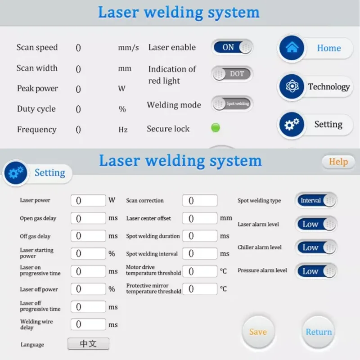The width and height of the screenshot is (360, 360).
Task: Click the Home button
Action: (315, 48)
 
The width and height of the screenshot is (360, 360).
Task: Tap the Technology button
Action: (315, 87)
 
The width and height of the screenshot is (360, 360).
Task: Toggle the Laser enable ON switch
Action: (232, 47)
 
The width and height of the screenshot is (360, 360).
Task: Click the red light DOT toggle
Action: (232, 74)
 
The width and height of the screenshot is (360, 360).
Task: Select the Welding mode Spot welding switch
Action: (232, 104)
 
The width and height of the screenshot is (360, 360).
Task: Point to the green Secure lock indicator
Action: (216, 128)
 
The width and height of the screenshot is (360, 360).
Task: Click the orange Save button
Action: (258, 332)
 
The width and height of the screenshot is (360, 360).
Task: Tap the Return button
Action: (319, 332)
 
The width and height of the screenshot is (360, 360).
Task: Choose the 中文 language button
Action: (88, 344)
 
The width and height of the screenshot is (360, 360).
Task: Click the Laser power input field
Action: (88, 200)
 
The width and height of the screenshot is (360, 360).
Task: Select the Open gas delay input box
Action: (88, 218)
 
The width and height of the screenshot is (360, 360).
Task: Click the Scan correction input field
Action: (200, 200)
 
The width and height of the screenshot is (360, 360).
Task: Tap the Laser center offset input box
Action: (200, 218)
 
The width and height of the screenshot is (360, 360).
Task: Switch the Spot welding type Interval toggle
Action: (316, 200)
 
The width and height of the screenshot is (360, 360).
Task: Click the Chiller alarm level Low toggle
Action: (316, 247)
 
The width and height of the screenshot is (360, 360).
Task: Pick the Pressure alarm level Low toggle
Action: (316, 271)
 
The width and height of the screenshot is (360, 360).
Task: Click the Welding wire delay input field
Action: (88, 324)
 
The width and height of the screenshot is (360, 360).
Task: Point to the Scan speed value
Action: (78, 48)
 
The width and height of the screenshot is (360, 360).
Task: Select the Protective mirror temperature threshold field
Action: (200, 288)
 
